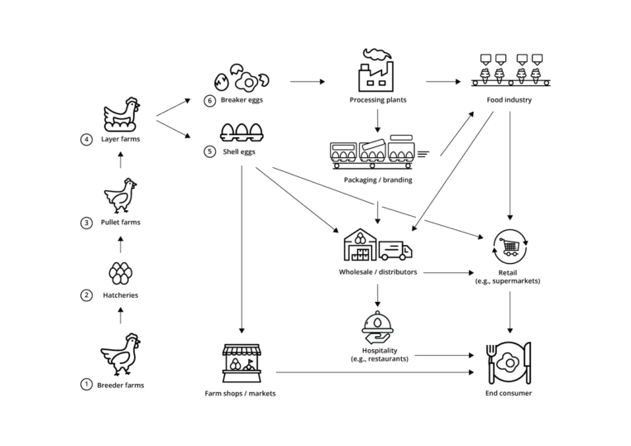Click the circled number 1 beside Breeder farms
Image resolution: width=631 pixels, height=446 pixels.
pos(86,385)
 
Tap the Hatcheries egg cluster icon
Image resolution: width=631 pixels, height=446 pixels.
pos(122,273)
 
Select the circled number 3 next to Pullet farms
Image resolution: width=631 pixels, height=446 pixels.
pos(86,223)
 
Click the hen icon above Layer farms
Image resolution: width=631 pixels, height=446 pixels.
pos(122,114)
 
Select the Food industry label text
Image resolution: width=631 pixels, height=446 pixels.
pos(509,101)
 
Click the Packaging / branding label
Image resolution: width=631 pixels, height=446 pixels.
pos(377,180)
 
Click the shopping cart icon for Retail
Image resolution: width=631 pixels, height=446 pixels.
pos(509,245)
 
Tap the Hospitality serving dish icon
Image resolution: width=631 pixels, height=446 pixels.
pos(377,327)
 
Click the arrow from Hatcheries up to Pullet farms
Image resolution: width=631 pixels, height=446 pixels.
pos(122,244)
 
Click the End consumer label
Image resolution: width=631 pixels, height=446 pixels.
pos(509,393)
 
